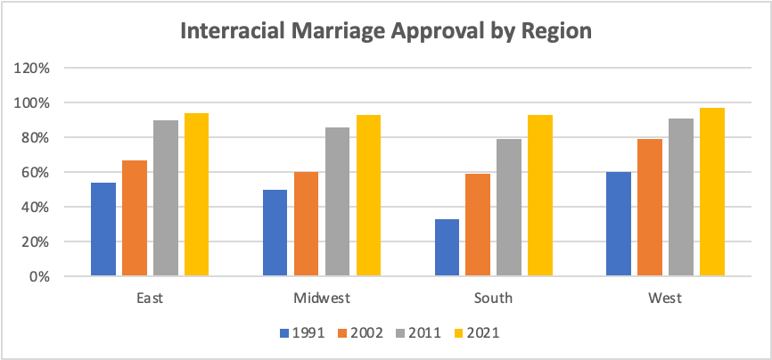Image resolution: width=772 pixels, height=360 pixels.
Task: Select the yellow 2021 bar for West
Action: [711, 192]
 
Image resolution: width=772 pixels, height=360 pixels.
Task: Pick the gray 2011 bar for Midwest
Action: [337, 201]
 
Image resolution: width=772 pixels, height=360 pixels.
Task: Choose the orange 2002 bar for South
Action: [478, 225]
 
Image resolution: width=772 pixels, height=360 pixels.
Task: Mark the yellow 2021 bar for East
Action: [196, 194]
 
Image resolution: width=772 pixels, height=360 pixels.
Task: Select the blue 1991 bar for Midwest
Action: [275, 233]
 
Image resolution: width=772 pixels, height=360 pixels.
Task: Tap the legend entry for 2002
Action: [361, 333]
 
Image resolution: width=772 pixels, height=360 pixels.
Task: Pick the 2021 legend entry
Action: [475, 333]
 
